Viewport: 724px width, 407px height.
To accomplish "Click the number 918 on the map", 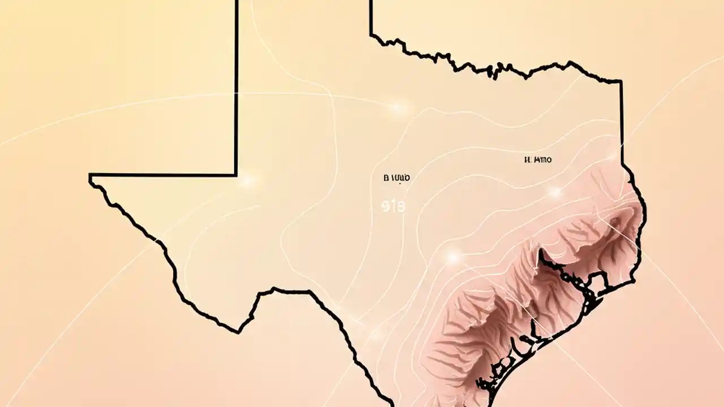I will coord(390,207).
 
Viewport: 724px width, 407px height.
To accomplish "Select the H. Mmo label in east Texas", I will coord(538,160).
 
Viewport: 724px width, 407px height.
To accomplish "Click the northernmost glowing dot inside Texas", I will coord(399,107).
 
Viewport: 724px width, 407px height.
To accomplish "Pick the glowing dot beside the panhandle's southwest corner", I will coord(247,181).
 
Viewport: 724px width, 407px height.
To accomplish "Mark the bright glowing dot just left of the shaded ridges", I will coord(452,257).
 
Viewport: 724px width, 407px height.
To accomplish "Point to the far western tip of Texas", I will coord(90,179).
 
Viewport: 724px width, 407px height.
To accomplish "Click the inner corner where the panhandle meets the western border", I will coord(236,175).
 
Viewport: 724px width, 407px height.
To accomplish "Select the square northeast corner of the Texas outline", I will coord(621,82).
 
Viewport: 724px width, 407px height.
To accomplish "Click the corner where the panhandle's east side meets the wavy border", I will coord(371,35).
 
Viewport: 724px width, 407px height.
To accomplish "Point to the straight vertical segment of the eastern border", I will coord(622,124).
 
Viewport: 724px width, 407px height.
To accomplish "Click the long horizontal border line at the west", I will coord(164,175).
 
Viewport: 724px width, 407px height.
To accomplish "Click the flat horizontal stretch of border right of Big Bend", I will coord(291,291).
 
